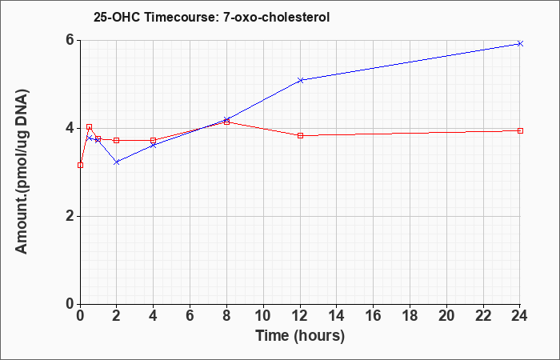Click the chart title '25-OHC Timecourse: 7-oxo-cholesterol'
(211, 17)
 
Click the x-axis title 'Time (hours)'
(300, 336)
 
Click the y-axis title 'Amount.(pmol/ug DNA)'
(22, 171)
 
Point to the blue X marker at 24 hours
(520, 43)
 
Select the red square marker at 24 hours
(520, 130)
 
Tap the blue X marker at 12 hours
(300, 80)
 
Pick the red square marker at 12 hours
(300, 136)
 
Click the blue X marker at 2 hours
(117, 162)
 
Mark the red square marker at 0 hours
(80, 165)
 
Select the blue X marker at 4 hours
(154, 146)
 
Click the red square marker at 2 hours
(117, 140)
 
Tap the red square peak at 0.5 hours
(90, 126)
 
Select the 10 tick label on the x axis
(263, 316)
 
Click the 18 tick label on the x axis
(410, 316)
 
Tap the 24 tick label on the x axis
(519, 316)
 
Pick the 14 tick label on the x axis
(337, 316)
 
